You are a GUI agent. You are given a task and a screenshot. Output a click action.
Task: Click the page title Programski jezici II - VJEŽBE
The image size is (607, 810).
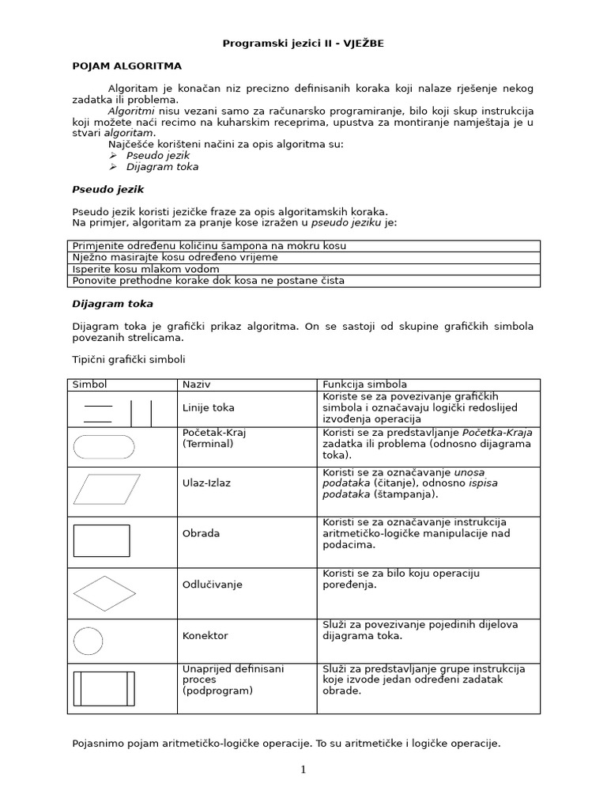click(303, 44)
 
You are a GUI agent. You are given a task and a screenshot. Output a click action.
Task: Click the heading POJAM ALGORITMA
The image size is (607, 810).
click(126, 66)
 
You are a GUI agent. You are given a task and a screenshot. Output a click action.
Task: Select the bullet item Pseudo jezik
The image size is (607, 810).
click(158, 155)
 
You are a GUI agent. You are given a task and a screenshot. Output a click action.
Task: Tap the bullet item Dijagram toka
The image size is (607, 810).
click(162, 167)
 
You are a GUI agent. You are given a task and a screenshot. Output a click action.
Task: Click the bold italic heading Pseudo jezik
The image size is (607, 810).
click(108, 190)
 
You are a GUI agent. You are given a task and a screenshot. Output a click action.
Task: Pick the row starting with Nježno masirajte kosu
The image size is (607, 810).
click(175, 257)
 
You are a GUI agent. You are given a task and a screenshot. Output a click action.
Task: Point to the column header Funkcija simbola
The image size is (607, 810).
click(363, 384)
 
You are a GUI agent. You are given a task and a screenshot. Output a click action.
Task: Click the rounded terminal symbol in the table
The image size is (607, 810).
click(104, 447)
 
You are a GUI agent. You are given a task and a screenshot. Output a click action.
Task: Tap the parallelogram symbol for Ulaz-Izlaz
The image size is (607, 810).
click(107, 489)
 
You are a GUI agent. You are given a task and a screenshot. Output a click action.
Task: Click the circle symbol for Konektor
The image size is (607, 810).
click(88, 641)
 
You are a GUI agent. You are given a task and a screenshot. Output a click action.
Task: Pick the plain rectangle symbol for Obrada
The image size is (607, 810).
click(101, 540)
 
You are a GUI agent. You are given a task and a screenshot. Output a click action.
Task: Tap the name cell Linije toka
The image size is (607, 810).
click(208, 408)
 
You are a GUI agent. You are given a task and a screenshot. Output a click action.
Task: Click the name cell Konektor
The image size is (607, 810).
click(205, 635)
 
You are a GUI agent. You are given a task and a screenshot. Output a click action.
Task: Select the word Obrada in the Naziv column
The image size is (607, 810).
click(201, 533)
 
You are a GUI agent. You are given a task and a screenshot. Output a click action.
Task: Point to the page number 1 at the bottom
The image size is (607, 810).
click(303, 770)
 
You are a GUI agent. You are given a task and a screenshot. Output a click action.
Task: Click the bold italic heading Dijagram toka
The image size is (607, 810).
click(112, 304)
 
